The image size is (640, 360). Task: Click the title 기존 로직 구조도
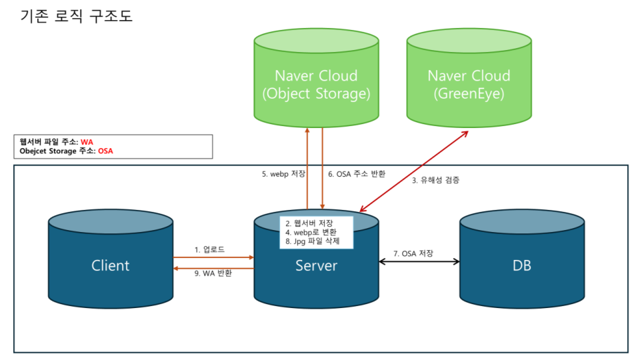[76, 16]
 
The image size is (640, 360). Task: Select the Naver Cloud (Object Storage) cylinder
[316, 77]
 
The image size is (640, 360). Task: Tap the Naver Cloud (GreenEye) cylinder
[469, 77]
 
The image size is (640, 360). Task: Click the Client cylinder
[111, 259]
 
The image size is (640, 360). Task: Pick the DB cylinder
[522, 259]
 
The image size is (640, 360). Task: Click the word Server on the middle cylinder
[316, 266]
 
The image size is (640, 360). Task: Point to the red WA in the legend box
[87, 142]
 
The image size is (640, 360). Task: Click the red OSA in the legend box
[105, 151]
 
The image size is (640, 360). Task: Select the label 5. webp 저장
[283, 174]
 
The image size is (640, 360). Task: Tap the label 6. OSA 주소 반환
[357, 174]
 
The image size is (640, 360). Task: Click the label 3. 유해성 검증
[435, 180]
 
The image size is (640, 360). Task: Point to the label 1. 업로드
[209, 249]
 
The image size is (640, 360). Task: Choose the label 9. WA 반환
[213, 273]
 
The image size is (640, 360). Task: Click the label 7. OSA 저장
[413, 253]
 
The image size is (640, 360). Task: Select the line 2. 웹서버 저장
[309, 223]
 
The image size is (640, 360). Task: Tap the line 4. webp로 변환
[311, 232]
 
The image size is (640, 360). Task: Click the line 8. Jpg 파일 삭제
[313, 241]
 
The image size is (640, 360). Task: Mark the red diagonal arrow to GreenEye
[414, 171]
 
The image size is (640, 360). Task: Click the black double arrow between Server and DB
[419, 261]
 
